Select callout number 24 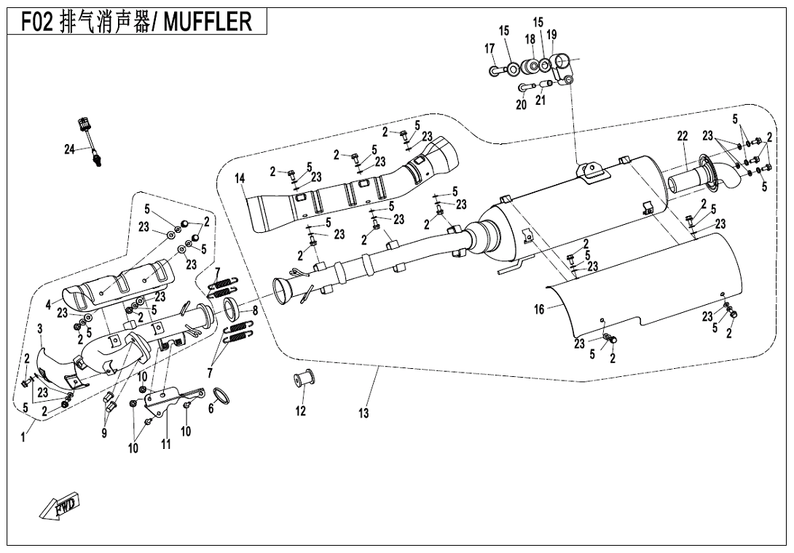point(69,150)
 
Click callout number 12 point(301,412)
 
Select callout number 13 point(363,414)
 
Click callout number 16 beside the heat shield point(539,310)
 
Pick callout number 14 point(240,178)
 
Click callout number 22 point(682,136)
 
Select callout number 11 point(166,444)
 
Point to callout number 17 point(490,49)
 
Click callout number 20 point(521,105)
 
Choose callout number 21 point(541,100)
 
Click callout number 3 point(39,329)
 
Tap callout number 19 point(551,35)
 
